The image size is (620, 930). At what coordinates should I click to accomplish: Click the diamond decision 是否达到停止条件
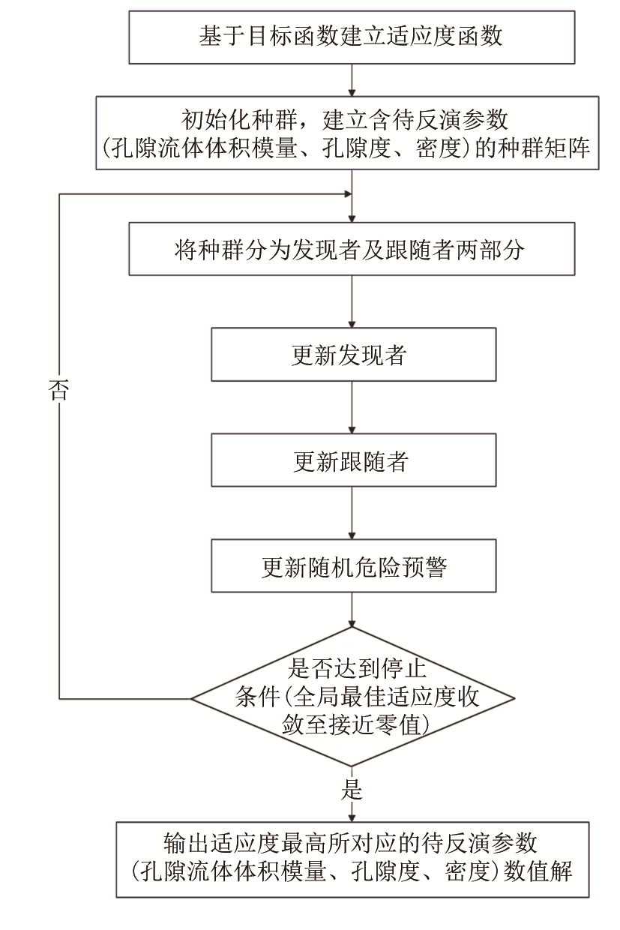click(352, 698)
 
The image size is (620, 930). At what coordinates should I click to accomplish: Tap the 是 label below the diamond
click(352, 790)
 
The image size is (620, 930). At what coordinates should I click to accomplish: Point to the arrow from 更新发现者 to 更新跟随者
click(352, 408)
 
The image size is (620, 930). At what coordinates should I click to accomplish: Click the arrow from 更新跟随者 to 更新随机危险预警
click(352, 514)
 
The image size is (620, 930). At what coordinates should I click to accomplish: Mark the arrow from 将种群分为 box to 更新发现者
click(352, 301)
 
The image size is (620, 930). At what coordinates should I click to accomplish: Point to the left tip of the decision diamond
click(193, 698)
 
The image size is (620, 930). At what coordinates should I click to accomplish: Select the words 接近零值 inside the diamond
click(387, 724)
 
